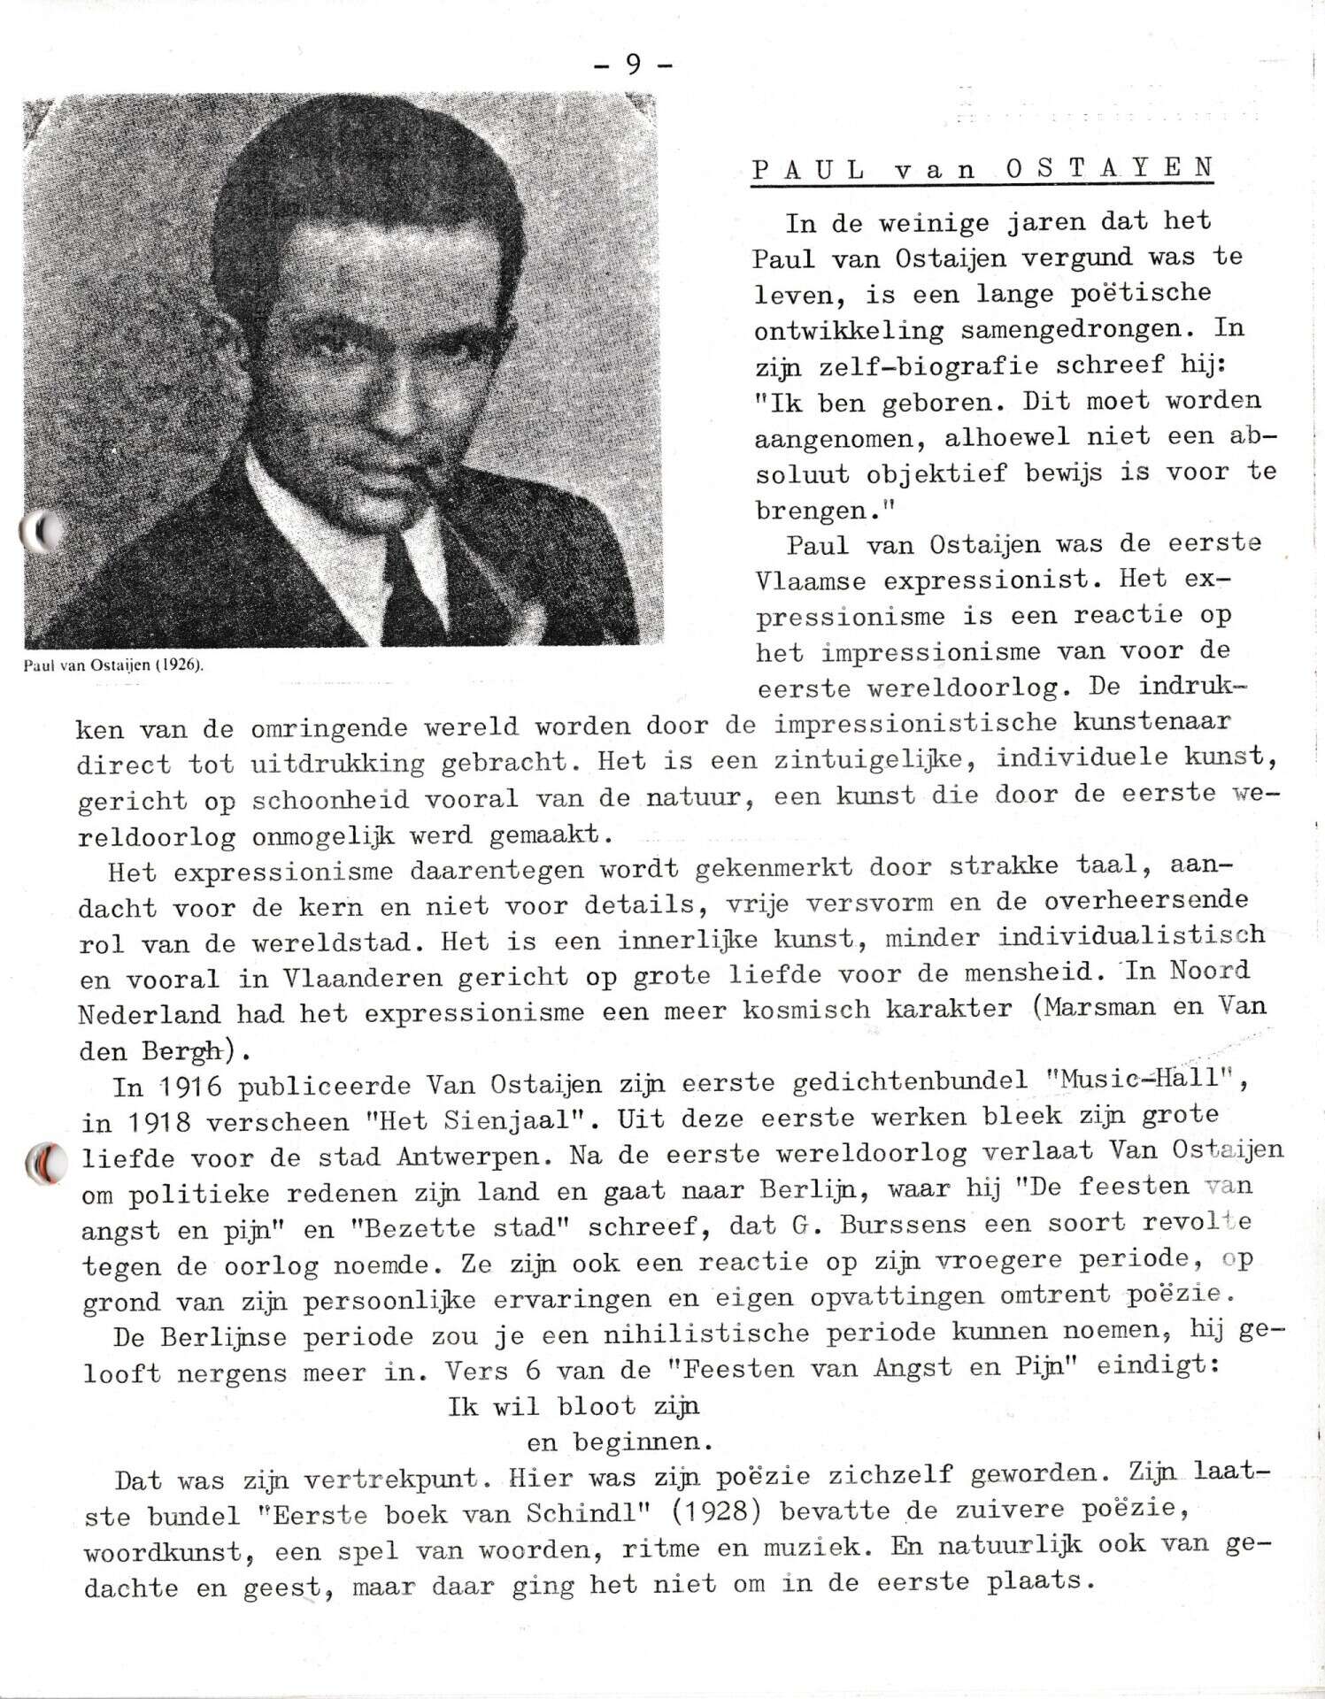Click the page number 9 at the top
click(x=633, y=65)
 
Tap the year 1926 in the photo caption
click(x=175, y=666)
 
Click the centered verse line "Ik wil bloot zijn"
click(x=574, y=1405)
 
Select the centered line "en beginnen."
click(x=619, y=1442)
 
